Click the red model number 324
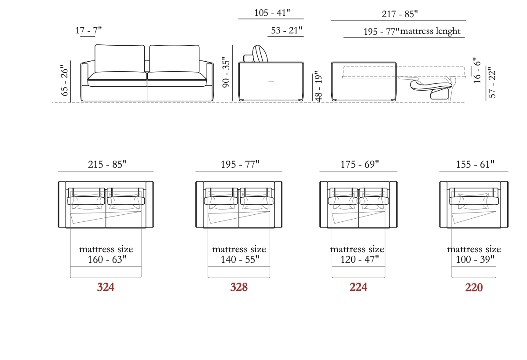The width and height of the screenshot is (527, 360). pyautogui.click(x=106, y=287)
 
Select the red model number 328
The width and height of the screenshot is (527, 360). pyautogui.click(x=239, y=287)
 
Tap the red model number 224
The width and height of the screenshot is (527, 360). pyautogui.click(x=358, y=287)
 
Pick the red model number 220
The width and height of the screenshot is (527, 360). pyautogui.click(x=474, y=287)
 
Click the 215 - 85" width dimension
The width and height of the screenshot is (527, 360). pyautogui.click(x=107, y=164)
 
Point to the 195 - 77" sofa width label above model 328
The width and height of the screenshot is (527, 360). pyautogui.click(x=240, y=164)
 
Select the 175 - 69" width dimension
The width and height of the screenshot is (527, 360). pyautogui.click(x=360, y=164)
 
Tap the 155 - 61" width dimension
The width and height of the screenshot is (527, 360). pyautogui.click(x=475, y=164)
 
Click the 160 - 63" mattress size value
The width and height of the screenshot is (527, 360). pyautogui.click(x=107, y=260)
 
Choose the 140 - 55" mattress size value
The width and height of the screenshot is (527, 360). pyautogui.click(x=240, y=260)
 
